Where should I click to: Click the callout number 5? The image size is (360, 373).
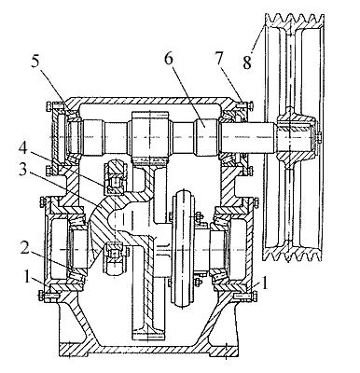[x=35, y=62]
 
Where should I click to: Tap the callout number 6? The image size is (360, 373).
[x=168, y=59]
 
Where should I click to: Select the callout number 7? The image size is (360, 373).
[x=219, y=59]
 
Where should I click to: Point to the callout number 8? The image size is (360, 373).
[x=247, y=62]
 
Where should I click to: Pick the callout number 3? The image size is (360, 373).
[x=23, y=170]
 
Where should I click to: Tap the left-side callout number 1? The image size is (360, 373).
[x=28, y=277]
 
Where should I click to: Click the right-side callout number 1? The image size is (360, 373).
[x=265, y=283]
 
